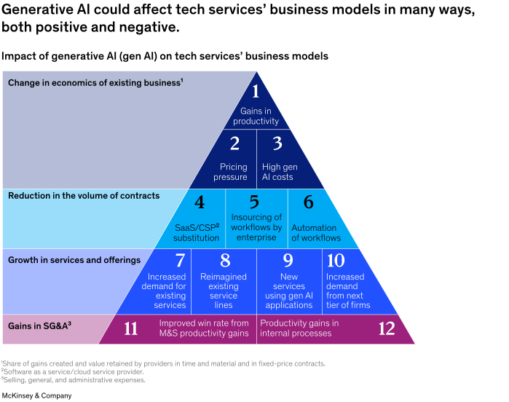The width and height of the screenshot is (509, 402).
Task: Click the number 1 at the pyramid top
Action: [256, 92]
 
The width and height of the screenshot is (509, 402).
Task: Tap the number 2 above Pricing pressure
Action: [234, 144]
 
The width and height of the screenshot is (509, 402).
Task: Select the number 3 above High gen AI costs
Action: [277, 144]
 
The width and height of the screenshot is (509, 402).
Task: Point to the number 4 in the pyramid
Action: [199, 203]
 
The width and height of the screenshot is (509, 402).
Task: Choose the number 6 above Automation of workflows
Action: [309, 203]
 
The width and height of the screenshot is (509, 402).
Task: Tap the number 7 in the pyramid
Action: [180, 261]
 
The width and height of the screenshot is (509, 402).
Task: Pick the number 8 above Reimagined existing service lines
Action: [224, 261]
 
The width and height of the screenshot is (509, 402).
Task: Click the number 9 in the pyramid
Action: [288, 261]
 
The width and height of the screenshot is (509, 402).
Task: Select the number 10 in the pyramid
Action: [336, 261]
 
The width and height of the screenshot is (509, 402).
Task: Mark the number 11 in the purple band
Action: [131, 328]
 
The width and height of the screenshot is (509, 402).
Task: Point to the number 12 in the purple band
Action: [387, 328]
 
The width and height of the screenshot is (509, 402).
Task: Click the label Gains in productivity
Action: [256, 117]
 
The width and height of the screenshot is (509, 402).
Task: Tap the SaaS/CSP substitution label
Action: [197, 232]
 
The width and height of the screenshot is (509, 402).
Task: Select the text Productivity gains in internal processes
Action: [299, 328]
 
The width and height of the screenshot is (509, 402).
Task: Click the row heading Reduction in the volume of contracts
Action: [84, 196]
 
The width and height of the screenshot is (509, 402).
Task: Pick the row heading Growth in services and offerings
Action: [74, 259]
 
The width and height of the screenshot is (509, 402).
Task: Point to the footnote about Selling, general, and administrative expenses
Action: [73, 379]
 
